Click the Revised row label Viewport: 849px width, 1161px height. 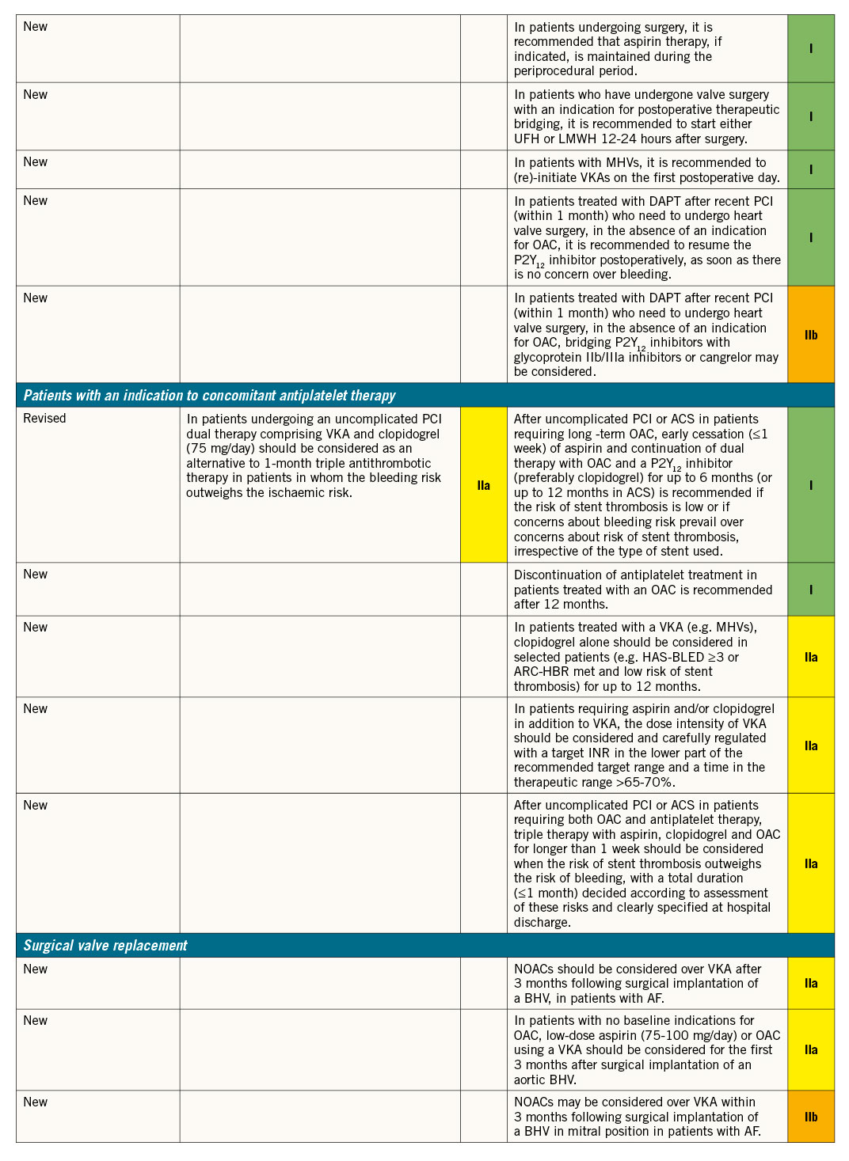click(x=44, y=419)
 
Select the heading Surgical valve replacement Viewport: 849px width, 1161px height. click(x=105, y=946)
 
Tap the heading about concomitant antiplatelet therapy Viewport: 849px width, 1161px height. click(x=209, y=396)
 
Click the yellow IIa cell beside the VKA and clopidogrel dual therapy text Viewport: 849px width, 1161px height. click(x=483, y=485)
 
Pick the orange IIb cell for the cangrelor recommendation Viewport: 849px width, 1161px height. click(x=811, y=335)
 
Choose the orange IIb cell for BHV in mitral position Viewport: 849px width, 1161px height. click(x=811, y=1117)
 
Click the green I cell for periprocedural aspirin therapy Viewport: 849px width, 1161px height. click(x=811, y=48)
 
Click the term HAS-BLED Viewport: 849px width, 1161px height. click(x=672, y=657)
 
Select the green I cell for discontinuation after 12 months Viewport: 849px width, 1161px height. click(x=811, y=590)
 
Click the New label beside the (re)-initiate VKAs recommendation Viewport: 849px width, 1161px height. click(x=36, y=162)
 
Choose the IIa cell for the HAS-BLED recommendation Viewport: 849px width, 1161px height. click(x=811, y=657)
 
